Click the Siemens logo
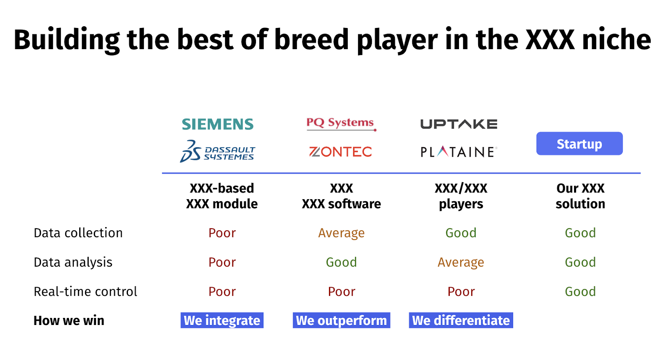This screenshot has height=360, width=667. pyautogui.click(x=218, y=124)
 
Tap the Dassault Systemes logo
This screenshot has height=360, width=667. pyautogui.click(x=217, y=151)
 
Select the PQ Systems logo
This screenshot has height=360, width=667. pyautogui.click(x=341, y=124)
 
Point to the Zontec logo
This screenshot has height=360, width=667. pyautogui.click(x=340, y=152)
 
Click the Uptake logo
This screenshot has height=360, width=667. pyautogui.click(x=459, y=124)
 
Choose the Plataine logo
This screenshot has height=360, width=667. pyautogui.click(x=459, y=152)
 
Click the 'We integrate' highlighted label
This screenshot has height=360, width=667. pyautogui.click(x=222, y=320)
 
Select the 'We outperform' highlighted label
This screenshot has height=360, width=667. pyautogui.click(x=341, y=320)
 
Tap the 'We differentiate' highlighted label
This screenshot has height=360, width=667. pyautogui.click(x=461, y=320)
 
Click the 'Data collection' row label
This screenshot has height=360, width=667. pyautogui.click(x=78, y=232)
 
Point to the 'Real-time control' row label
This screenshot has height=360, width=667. pyautogui.click(x=85, y=292)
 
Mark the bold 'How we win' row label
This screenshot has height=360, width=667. pyautogui.click(x=69, y=321)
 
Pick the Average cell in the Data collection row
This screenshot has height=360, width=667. pyautogui.click(x=341, y=233)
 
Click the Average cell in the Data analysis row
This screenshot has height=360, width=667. pyautogui.click(x=461, y=262)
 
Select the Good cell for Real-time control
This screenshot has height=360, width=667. pyautogui.click(x=580, y=292)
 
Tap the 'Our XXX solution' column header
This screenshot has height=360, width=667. pyautogui.click(x=580, y=196)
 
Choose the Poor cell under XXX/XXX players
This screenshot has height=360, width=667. pyautogui.click(x=461, y=292)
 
